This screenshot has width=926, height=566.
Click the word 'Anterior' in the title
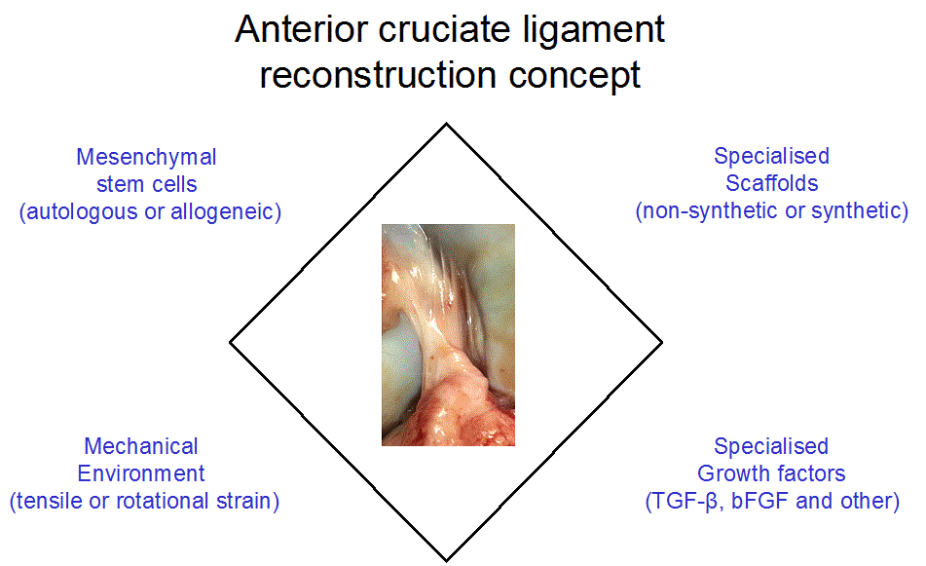coord(301,29)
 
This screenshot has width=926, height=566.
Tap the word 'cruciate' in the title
coord(444,29)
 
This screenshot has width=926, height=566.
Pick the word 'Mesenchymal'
coord(146,157)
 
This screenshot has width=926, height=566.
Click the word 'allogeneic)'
coord(226,211)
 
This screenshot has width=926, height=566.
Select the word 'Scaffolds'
coord(772,183)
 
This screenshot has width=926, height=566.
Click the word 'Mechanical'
coord(141,446)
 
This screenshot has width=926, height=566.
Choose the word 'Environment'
coord(141,473)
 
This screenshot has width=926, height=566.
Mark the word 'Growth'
coord(731,473)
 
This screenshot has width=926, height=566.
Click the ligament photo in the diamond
coord(448,335)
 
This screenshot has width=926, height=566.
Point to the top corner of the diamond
coord(447,124)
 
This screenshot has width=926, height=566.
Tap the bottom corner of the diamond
coord(447,560)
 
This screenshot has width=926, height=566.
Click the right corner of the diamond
coord(662,342)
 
